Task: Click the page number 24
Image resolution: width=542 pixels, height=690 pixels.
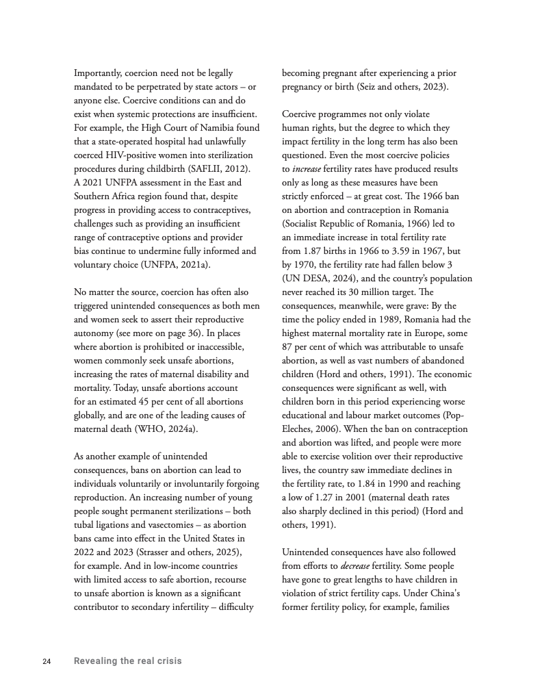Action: point(47,661)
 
